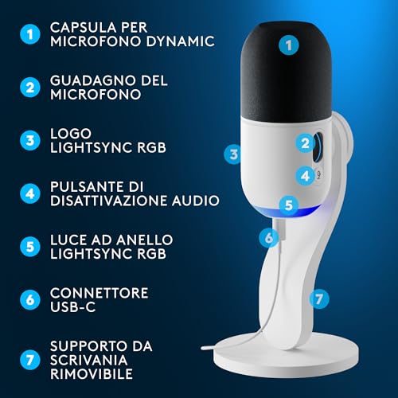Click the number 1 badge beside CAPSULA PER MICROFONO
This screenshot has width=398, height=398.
pyautogui.click(x=29, y=34)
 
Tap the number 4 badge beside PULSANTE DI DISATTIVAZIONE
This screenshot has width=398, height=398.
pyautogui.click(x=29, y=193)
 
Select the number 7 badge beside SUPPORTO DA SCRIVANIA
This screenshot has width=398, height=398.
pyautogui.click(x=29, y=357)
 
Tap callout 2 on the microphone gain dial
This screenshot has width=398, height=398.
pyautogui.click(x=306, y=143)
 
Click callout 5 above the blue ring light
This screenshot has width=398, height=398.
pyautogui.click(x=288, y=205)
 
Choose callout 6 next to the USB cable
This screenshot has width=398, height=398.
pyautogui.click(x=269, y=236)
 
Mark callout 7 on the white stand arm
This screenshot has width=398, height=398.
pyautogui.click(x=318, y=299)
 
